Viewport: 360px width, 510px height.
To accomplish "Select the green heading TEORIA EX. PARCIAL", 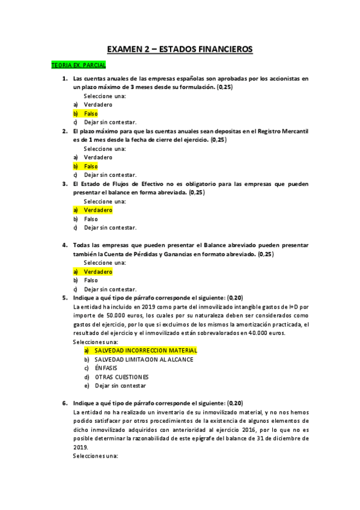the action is (x=79, y=64).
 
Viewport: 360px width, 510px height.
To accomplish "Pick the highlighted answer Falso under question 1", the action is (x=91, y=114).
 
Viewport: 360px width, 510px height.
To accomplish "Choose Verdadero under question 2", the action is (x=98, y=157).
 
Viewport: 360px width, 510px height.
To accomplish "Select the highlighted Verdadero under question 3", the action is (x=98, y=210).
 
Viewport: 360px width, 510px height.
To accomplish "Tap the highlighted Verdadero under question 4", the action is (x=98, y=272).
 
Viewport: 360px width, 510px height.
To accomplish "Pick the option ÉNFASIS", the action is (x=106, y=368).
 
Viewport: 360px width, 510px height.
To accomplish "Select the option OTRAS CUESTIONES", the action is (x=122, y=376).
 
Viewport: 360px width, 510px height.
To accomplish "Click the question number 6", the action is (x=64, y=403).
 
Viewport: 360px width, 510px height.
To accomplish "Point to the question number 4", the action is (x=64, y=245).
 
